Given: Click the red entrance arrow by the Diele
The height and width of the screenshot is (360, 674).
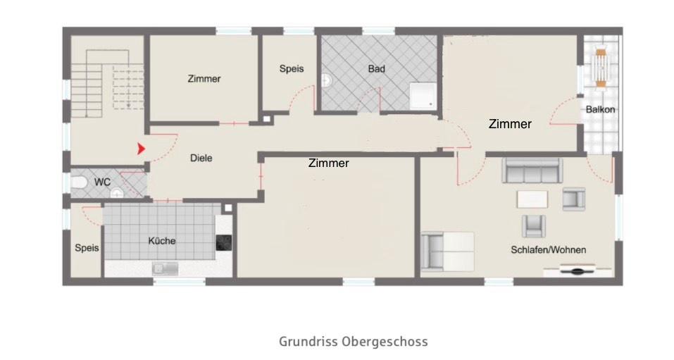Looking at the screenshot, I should tap(142, 149).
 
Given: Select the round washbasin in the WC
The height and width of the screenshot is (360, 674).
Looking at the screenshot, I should tap(117, 193).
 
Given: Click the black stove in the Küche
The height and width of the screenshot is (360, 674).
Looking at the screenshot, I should tap(224, 242).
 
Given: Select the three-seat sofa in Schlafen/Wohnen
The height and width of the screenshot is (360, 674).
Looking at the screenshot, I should tap(532, 171).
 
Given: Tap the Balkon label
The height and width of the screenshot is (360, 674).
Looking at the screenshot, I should tap(600, 109).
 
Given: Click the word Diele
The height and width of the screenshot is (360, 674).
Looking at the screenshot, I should tap(201, 159).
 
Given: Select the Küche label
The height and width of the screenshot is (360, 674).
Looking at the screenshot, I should tap(161, 241).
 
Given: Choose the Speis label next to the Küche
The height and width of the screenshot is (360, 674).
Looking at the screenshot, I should tap(87, 248).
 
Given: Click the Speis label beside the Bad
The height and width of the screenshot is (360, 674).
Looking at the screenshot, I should tap(291, 68).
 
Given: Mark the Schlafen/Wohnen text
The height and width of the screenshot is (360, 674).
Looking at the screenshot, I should tap(549, 250).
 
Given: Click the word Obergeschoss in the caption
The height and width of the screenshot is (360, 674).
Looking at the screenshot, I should tap(385, 342).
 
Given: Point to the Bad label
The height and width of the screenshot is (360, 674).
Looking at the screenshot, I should tap(376, 69).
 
